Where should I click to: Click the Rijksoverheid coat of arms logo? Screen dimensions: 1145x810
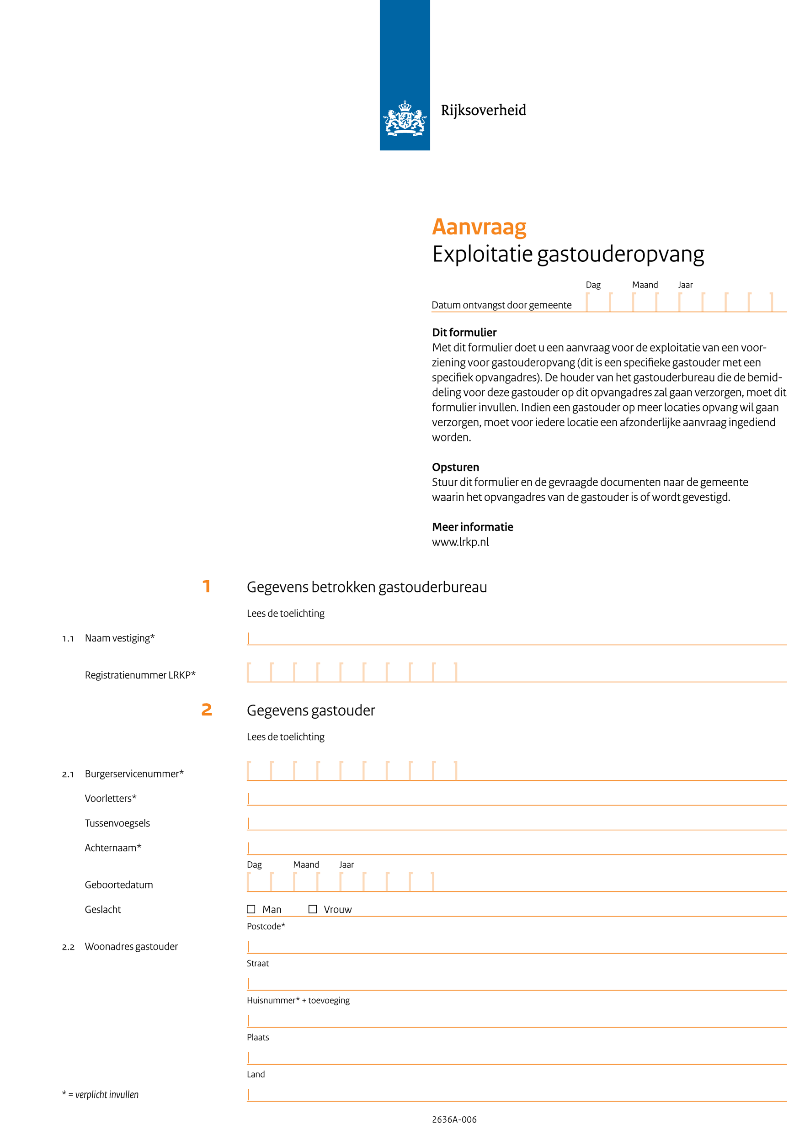pyautogui.click(x=405, y=118)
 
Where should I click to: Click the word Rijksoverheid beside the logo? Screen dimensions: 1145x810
pyautogui.click(x=483, y=110)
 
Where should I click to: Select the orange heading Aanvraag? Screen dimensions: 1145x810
pyautogui.click(x=479, y=227)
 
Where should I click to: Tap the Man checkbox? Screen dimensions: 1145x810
pyautogui.click(x=251, y=909)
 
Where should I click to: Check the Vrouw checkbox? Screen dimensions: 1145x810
pyautogui.click(x=313, y=909)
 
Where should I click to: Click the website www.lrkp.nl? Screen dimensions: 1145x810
pyautogui.click(x=460, y=542)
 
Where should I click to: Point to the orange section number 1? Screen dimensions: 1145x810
pyautogui.click(x=206, y=587)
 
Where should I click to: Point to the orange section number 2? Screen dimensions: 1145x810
pyautogui.click(x=207, y=710)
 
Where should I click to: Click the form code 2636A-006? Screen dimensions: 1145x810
pyautogui.click(x=454, y=1119)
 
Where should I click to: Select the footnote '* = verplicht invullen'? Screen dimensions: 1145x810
pyautogui.click(x=100, y=1095)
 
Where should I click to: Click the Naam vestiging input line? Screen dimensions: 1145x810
pyautogui.click(x=516, y=639)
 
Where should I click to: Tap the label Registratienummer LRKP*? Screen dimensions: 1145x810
pyautogui.click(x=140, y=675)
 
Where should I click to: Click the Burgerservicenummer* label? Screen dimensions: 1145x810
pyautogui.click(x=134, y=774)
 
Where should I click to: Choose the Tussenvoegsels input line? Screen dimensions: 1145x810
pyautogui.click(x=516, y=824)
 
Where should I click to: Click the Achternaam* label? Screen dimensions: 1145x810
pyautogui.click(x=113, y=848)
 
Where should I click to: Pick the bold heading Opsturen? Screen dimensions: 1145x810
pyautogui.click(x=455, y=467)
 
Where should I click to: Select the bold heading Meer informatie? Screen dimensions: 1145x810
pyautogui.click(x=472, y=527)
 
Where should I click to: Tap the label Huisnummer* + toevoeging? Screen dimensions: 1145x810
pyautogui.click(x=298, y=1000)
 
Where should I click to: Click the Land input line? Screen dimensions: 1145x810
pyautogui.click(x=516, y=1095)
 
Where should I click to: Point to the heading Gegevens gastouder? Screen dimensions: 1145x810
pyautogui.click(x=310, y=710)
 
